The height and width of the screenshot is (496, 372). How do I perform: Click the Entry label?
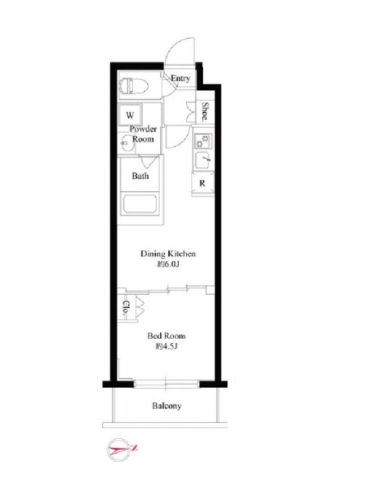pyautogui.click(x=180, y=78)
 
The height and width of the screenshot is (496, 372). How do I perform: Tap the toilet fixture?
pyautogui.click(x=133, y=86)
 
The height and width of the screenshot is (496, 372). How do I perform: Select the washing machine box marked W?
pyautogui.click(x=130, y=115)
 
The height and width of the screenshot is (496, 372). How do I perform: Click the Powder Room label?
pyautogui.click(x=143, y=134)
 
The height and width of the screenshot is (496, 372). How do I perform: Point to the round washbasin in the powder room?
pyautogui.click(x=128, y=143)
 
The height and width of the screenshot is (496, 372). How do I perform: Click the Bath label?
pyautogui.click(x=140, y=176)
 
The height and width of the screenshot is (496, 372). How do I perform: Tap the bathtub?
pyautogui.click(x=139, y=205)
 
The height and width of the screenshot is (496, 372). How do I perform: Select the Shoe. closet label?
pyautogui.click(x=205, y=112)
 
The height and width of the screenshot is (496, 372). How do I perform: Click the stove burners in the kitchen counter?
pyautogui.click(x=203, y=141)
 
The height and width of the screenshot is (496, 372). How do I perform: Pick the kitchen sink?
pyautogui.click(x=203, y=161)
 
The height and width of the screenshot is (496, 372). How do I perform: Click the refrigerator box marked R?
pyautogui.click(x=203, y=183)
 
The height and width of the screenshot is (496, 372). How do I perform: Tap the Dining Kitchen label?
pyautogui.click(x=168, y=254)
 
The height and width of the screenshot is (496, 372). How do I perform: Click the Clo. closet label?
pyautogui.click(x=126, y=308)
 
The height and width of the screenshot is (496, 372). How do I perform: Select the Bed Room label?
pyautogui.click(x=166, y=336)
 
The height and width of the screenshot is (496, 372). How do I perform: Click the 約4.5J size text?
pyautogui.click(x=166, y=347)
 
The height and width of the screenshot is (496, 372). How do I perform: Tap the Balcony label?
pyautogui.click(x=167, y=406)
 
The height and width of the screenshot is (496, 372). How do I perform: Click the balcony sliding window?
pyautogui.click(x=166, y=384)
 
